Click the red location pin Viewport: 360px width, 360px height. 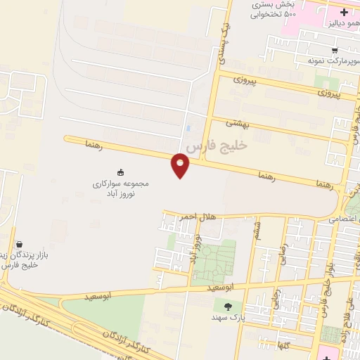(181, 165)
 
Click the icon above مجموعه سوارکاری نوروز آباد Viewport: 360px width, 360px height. (120, 172)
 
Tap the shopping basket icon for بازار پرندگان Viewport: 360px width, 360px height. (18, 244)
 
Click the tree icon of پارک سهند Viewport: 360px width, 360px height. (227, 306)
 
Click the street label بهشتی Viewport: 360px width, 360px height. (238, 124)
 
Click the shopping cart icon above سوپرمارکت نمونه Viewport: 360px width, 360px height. (335, 51)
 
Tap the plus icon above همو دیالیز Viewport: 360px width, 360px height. (344, 12)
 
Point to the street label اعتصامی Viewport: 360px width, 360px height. (342, 219)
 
